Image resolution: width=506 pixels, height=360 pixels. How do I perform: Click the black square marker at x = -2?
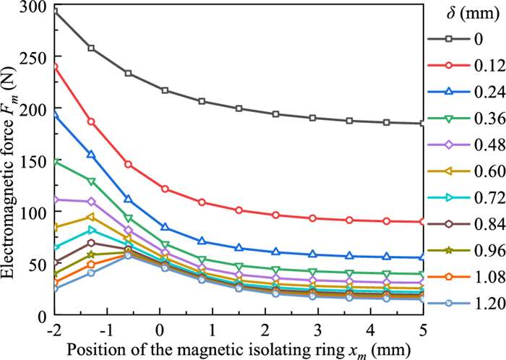pos(54,12)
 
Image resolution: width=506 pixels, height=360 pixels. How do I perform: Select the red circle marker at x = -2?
pos(54,67)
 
